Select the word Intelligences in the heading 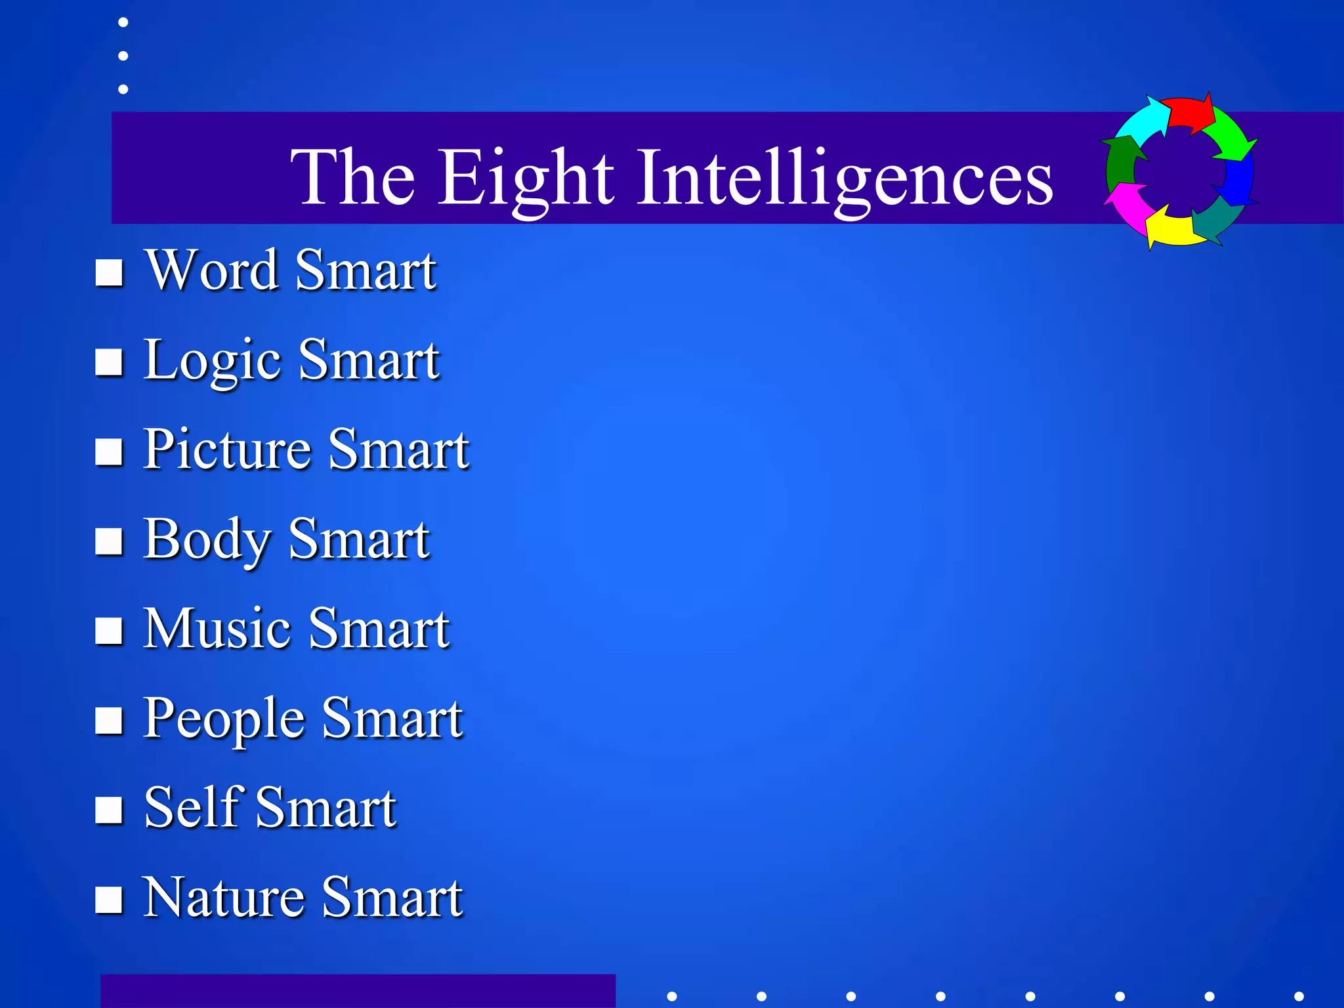(846, 177)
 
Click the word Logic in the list (213, 360)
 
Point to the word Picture (227, 450)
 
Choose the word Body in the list (207, 539)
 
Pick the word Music (217, 629)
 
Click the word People (224, 719)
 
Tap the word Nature (223, 898)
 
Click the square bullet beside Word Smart (109, 272)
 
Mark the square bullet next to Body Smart (109, 541)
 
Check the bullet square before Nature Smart (109, 900)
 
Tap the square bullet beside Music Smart (109, 631)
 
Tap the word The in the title (353, 177)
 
